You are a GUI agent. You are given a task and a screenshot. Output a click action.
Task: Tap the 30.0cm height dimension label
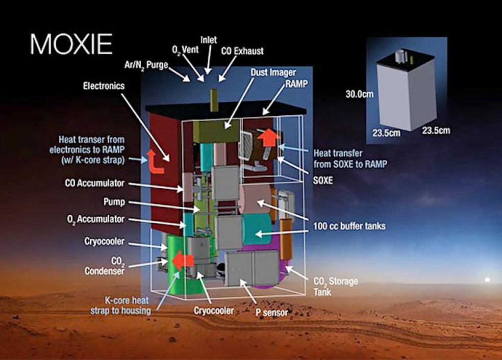359,94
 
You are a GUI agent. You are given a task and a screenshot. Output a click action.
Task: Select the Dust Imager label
273,73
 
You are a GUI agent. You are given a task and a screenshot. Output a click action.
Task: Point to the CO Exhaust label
242,51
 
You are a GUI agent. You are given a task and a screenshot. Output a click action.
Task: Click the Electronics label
104,86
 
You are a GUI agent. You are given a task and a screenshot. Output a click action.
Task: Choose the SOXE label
323,180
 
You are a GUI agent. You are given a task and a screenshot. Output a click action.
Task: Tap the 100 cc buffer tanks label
349,226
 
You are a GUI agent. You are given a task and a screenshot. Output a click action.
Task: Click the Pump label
114,202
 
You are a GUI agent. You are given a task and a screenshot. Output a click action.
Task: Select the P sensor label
272,312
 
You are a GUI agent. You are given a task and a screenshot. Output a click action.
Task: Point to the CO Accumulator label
95,183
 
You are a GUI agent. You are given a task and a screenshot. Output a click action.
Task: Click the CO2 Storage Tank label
335,286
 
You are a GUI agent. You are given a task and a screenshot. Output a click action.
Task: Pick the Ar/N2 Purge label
146,65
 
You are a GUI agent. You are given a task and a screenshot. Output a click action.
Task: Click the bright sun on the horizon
487,280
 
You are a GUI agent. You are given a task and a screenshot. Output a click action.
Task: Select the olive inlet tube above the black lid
214,101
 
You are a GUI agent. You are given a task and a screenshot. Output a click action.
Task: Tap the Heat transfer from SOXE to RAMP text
350,159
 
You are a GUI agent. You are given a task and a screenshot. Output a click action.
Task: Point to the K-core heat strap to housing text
121,306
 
